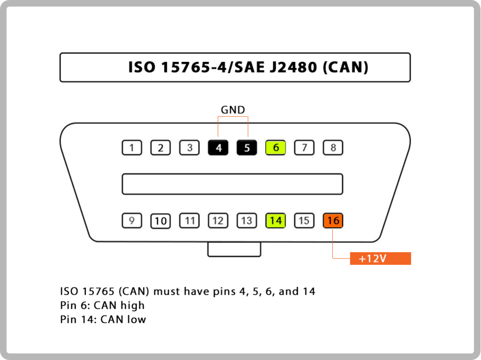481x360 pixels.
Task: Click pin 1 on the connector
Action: [132, 147]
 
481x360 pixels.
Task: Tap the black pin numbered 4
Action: [218, 147]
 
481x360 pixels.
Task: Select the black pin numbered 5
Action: [247, 147]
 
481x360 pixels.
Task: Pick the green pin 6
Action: [275, 147]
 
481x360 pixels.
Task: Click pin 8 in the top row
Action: [333, 147]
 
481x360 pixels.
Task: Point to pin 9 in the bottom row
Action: [132, 221]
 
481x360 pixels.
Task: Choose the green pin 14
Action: [275, 221]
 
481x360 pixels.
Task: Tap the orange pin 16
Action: [333, 221]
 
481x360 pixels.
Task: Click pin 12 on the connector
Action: [218, 221]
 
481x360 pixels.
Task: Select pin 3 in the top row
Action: [189, 147]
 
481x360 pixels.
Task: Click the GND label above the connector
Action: [233, 110]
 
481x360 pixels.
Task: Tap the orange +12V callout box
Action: [380, 259]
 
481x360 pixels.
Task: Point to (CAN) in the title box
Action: [345, 68]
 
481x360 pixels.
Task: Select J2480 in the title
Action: [293, 68]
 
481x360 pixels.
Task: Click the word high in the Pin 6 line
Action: [132, 306]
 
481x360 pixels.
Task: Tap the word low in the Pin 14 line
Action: [137, 319]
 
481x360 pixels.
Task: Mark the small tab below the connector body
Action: [234, 249]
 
